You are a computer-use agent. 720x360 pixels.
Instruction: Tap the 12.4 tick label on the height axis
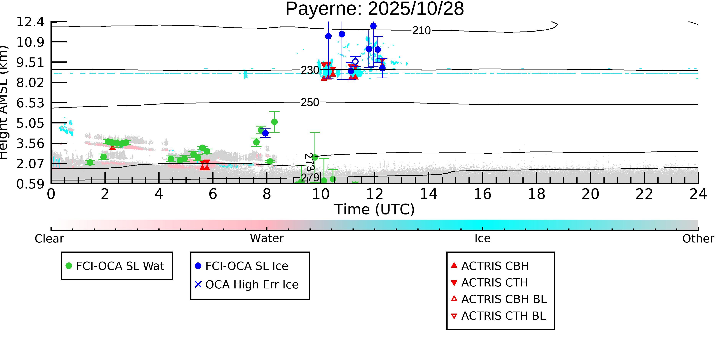[30, 22]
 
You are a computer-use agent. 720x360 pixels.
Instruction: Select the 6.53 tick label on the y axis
[30, 103]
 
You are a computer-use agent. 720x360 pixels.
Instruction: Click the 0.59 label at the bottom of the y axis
[30, 184]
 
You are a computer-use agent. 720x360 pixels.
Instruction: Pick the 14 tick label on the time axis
[429, 194]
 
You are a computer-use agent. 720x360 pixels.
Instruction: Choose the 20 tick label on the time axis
[590, 194]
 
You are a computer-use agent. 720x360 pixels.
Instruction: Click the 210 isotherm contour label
[421, 31]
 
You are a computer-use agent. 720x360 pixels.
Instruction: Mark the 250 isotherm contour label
[310, 103]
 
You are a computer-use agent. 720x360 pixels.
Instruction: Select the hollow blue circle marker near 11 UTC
[355, 61]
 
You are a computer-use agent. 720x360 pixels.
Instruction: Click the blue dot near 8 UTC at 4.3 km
[265, 133]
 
